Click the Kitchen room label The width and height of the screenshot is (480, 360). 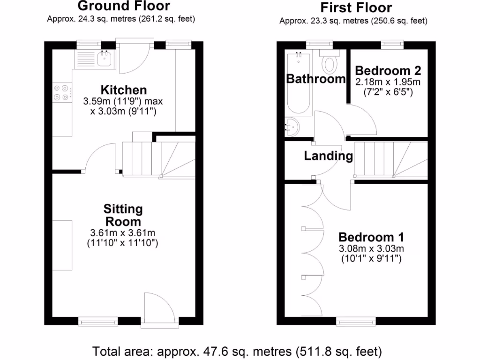tap(124, 90)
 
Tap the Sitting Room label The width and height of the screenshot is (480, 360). tap(123, 215)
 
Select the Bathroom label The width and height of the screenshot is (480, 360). tap(316, 79)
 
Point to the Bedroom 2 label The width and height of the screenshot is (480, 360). tap(388, 71)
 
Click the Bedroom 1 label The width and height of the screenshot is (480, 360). tap(371, 237)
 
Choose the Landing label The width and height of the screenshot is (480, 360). tap(329, 156)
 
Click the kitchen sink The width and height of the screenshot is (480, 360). tap(104, 59)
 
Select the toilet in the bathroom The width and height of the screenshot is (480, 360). tap(330, 62)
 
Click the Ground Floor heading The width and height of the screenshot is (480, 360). tap(124, 6)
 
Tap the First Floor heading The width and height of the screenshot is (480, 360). tap(356, 7)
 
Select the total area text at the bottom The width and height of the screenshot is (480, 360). tap(237, 351)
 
